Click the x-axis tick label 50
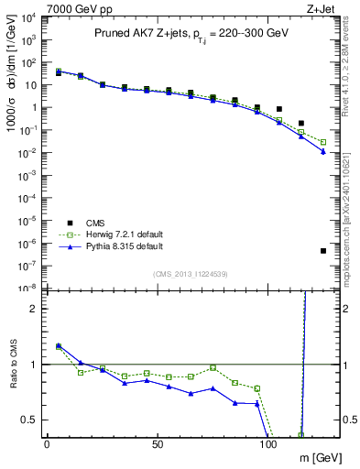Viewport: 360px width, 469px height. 158,444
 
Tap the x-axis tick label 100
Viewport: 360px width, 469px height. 268,444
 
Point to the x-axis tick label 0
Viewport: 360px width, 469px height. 47,444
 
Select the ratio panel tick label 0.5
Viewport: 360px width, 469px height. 28,420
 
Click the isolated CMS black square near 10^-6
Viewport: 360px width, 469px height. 323,251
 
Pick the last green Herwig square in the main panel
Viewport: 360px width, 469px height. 323,142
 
